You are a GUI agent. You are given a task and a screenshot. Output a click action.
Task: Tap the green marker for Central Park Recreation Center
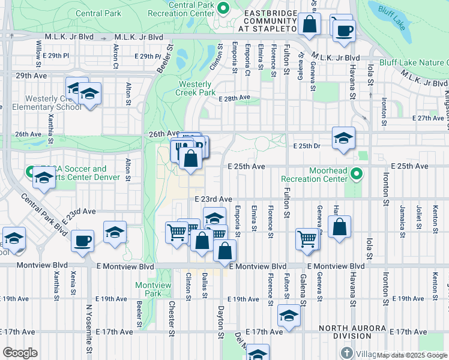tap(223, 8)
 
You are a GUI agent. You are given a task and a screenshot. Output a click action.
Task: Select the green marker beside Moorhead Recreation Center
tap(357, 175)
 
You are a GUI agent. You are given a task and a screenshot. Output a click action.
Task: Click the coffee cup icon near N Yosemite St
tap(82, 241)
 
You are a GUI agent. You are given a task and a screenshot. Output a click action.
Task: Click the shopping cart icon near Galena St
tap(307, 238)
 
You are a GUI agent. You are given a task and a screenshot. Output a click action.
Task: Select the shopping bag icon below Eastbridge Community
tap(310, 25)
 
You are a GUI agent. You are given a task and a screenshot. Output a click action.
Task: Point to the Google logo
tap(20, 353)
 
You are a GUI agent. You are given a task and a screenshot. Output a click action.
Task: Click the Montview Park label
tap(148, 289)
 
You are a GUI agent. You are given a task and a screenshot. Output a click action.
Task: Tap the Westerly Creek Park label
tap(195, 88)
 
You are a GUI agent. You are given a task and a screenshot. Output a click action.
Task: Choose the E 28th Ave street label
tap(234, 98)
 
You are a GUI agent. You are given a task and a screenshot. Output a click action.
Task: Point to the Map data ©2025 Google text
tap(411, 355)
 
